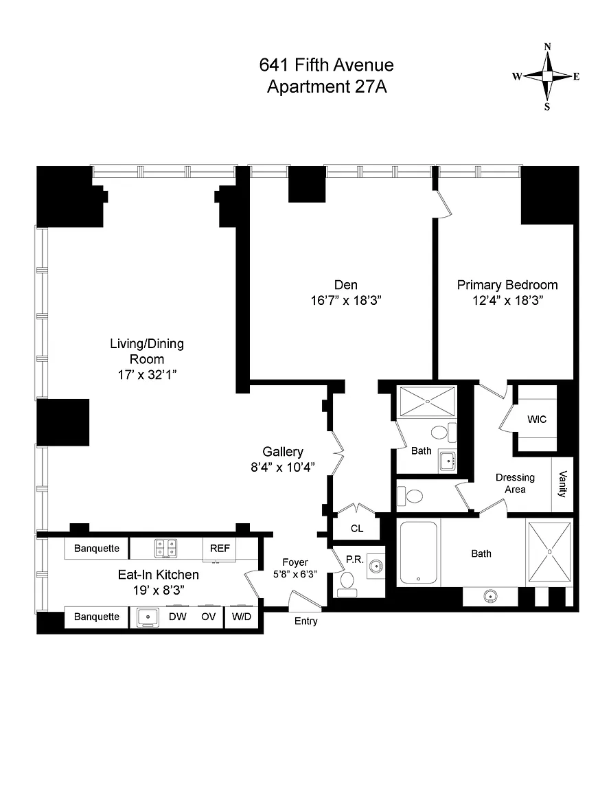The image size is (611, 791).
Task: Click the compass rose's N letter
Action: (x=547, y=47)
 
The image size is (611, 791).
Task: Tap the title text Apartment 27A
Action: (x=326, y=87)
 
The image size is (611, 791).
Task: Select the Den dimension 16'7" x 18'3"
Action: (x=345, y=301)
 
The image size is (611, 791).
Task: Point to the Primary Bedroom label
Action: (x=507, y=285)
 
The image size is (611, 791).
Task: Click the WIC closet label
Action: (x=537, y=420)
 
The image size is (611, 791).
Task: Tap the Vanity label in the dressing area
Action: (x=563, y=484)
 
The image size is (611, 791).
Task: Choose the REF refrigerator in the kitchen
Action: (x=220, y=549)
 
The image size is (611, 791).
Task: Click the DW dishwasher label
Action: (x=178, y=617)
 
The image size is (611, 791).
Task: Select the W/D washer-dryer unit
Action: (x=241, y=617)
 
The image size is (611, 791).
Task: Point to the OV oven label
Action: (x=209, y=617)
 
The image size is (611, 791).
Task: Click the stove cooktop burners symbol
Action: (x=165, y=549)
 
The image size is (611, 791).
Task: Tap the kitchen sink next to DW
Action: (x=148, y=617)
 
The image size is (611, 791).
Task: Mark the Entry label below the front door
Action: (x=305, y=621)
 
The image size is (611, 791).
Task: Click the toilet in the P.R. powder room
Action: (x=347, y=580)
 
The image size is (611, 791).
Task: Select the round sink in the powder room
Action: (x=375, y=566)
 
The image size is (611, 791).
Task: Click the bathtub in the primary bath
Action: (x=419, y=552)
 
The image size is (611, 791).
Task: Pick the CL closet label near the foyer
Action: (x=357, y=529)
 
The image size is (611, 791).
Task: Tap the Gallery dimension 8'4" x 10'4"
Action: (x=283, y=467)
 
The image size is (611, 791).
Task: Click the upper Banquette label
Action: (x=97, y=549)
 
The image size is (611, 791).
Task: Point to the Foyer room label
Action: (x=295, y=562)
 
